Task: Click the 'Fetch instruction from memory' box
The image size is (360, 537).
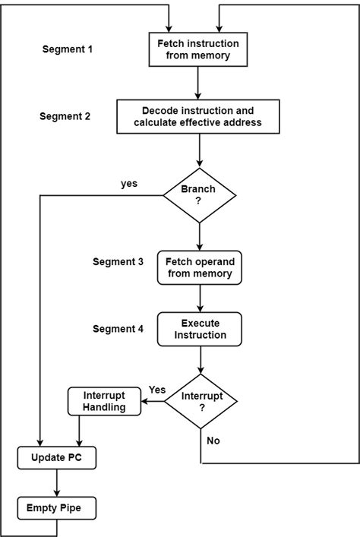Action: [x=197, y=49]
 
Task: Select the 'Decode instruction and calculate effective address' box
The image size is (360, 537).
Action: [x=199, y=116]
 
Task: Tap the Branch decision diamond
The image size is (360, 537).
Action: [x=198, y=195]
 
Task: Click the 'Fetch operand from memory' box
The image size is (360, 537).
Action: [x=198, y=267]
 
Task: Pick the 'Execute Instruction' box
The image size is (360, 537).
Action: [x=198, y=328]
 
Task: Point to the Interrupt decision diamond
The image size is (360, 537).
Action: [x=201, y=401]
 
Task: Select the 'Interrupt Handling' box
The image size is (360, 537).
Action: [x=105, y=401]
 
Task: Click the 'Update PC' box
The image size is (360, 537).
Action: [x=57, y=457]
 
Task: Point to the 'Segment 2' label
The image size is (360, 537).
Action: [x=65, y=116]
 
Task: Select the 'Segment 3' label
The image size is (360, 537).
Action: [x=118, y=261]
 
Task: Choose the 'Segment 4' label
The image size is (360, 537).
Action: [x=118, y=328]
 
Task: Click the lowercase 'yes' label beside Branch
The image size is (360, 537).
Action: [x=129, y=183]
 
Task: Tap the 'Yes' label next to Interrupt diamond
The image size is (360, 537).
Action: [x=157, y=389]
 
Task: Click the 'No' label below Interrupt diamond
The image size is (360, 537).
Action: [x=213, y=440]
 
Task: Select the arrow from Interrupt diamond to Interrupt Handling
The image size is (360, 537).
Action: [x=153, y=401]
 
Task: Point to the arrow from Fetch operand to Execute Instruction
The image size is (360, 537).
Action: [x=198, y=298]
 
